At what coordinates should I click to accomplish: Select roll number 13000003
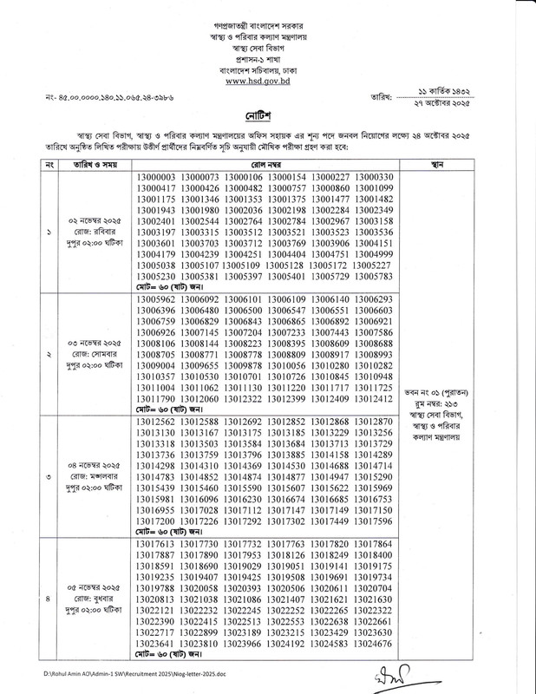click(x=156, y=177)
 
